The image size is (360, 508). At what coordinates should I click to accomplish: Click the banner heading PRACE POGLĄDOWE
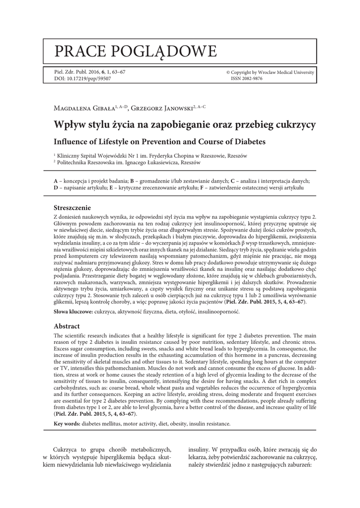click(x=136, y=51)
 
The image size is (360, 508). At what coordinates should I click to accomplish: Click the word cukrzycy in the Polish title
click(x=291, y=125)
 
